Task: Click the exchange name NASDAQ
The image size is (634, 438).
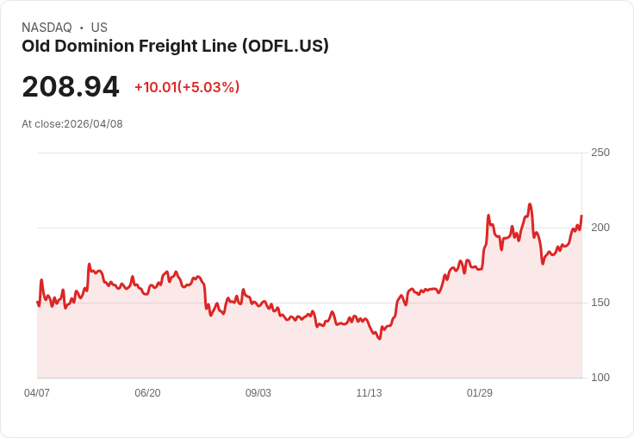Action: point(47,28)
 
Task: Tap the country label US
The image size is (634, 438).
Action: point(99,28)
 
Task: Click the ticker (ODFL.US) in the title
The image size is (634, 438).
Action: point(284,47)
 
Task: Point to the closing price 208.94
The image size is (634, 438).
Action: point(71,87)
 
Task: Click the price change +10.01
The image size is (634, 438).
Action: point(155,87)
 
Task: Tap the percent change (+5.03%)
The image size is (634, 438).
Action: point(208,87)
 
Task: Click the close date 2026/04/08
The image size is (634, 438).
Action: point(93,124)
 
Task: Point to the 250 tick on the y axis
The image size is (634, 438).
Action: point(600,153)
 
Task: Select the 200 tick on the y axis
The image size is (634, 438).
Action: point(600,228)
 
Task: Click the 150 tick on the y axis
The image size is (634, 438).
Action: point(600,303)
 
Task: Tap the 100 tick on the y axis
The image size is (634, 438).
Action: point(600,378)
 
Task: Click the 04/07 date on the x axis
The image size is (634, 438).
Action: point(37,393)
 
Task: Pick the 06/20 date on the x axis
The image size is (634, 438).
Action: point(147,393)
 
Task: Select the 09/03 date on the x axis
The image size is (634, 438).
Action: point(258,393)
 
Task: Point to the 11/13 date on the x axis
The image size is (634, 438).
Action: point(369,393)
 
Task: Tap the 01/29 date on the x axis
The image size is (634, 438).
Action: point(480,393)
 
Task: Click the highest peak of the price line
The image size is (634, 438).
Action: point(530,204)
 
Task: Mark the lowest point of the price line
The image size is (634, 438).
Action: point(379,339)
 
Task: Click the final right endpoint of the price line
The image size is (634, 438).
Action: point(581,216)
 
